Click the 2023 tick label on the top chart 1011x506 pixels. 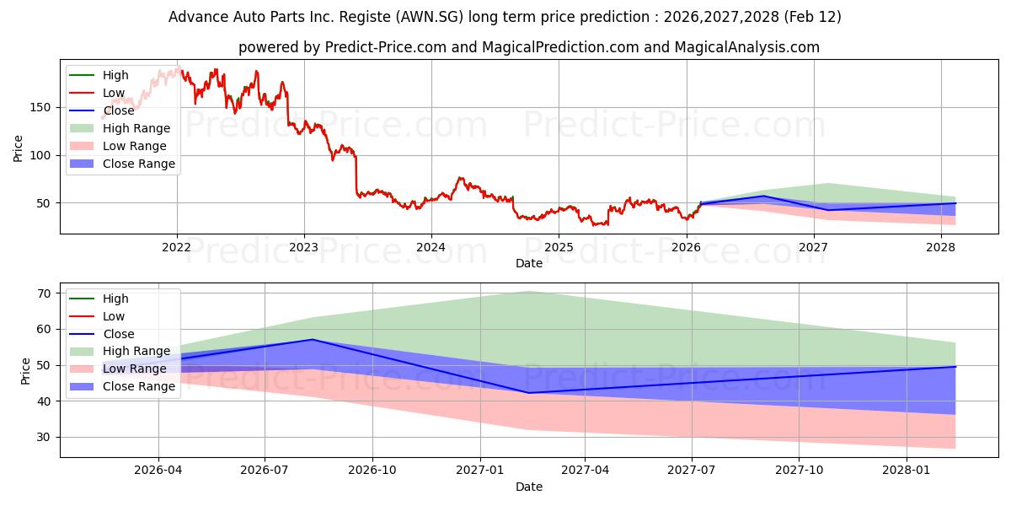[x=303, y=247]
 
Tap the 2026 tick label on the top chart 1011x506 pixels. [x=686, y=247]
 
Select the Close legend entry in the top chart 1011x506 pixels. [x=118, y=110]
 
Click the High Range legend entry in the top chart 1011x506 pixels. [x=136, y=128]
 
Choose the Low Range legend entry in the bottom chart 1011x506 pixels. [x=134, y=369]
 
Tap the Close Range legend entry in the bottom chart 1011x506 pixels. [x=138, y=386]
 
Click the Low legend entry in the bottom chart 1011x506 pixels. [x=114, y=316]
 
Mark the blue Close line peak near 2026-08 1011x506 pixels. [x=313, y=340]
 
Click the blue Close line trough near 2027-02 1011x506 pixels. [x=528, y=392]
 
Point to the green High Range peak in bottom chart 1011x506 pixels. [x=528, y=291]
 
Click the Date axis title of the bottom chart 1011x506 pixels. [x=528, y=487]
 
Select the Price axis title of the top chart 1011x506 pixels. [x=19, y=148]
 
